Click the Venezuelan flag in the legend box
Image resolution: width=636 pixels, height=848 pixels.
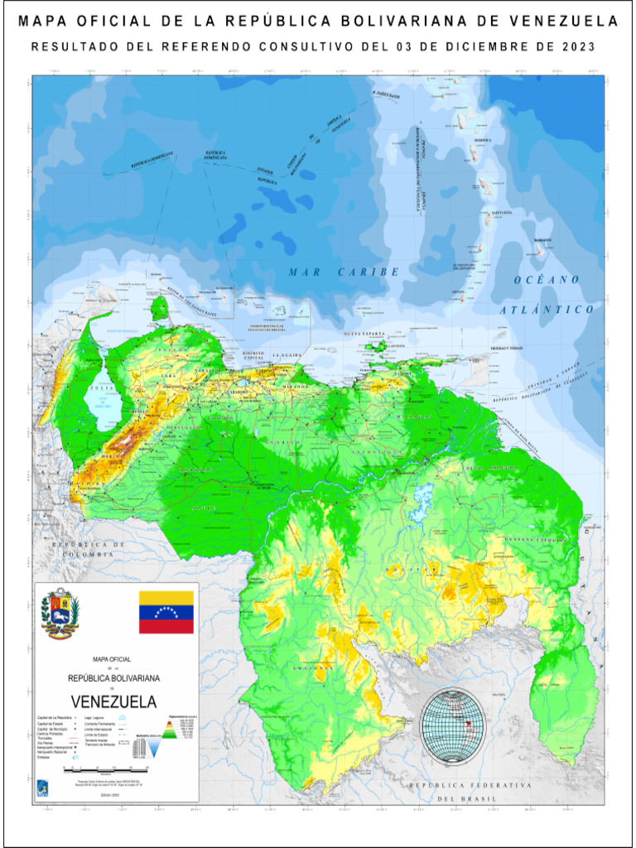(166, 612)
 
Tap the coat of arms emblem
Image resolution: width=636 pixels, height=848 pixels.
(60, 614)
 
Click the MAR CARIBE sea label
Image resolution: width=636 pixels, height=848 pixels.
(344, 272)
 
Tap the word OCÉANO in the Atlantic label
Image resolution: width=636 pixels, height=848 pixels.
(547, 280)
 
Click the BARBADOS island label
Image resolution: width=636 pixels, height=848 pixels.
(542, 240)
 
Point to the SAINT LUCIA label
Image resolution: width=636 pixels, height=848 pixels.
(502, 213)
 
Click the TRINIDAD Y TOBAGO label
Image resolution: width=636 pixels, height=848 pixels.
(505, 349)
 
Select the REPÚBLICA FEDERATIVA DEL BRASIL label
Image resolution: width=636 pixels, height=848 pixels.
(468, 790)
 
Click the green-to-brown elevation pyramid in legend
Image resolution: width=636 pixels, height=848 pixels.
(168, 730)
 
